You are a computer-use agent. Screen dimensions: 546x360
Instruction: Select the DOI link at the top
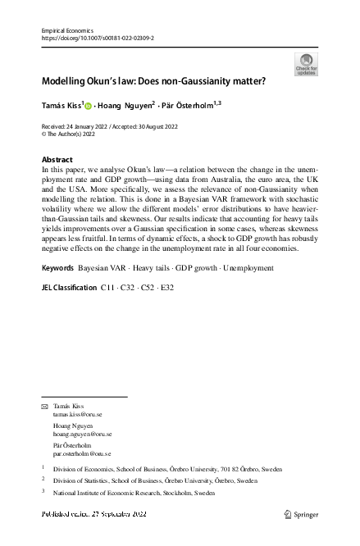pyautogui.click(x=97, y=37)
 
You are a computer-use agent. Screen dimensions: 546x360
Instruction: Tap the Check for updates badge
pyautogui.click(x=306, y=64)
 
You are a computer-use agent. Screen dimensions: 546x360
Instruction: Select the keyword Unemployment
pyautogui.click(x=249, y=268)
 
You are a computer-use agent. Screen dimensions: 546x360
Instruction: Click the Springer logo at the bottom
pyautogui.click(x=302, y=514)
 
